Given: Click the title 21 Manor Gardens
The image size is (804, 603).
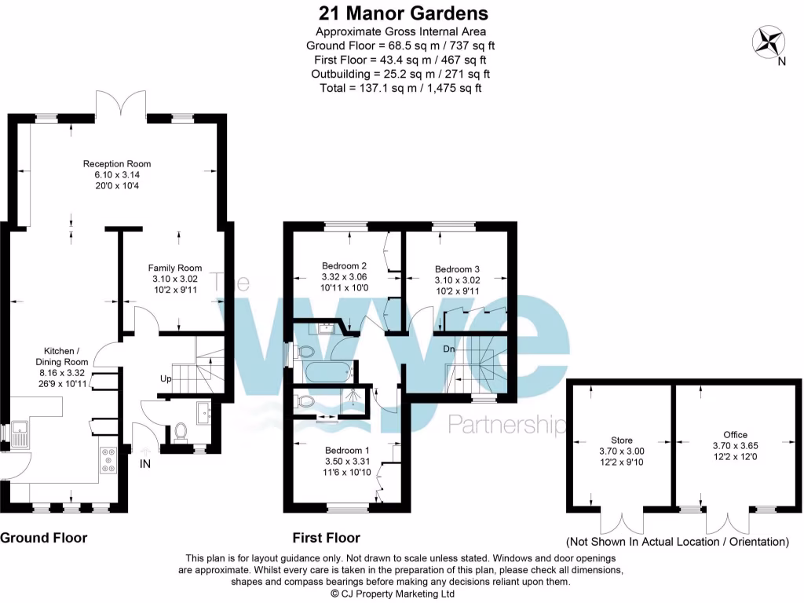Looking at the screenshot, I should (403, 13).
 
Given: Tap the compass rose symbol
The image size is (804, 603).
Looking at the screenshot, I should (766, 41).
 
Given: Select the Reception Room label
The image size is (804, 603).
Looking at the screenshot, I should (117, 163).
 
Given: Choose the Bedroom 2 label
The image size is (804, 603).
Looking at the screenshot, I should (345, 265).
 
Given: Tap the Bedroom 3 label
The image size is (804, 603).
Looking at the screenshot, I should (457, 269).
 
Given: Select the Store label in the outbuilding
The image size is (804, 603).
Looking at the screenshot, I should (621, 440).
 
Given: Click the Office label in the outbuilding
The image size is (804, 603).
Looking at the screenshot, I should (736, 434).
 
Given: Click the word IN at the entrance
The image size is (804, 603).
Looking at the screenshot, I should (144, 465).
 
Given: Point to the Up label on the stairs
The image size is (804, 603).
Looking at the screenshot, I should (166, 379).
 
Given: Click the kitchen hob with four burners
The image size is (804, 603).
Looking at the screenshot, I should (108, 459).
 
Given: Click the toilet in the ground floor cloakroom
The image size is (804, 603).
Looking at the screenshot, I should (181, 431).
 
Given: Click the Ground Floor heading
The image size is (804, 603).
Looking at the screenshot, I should (43, 538).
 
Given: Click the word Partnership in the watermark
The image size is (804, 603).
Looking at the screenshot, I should (506, 426).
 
